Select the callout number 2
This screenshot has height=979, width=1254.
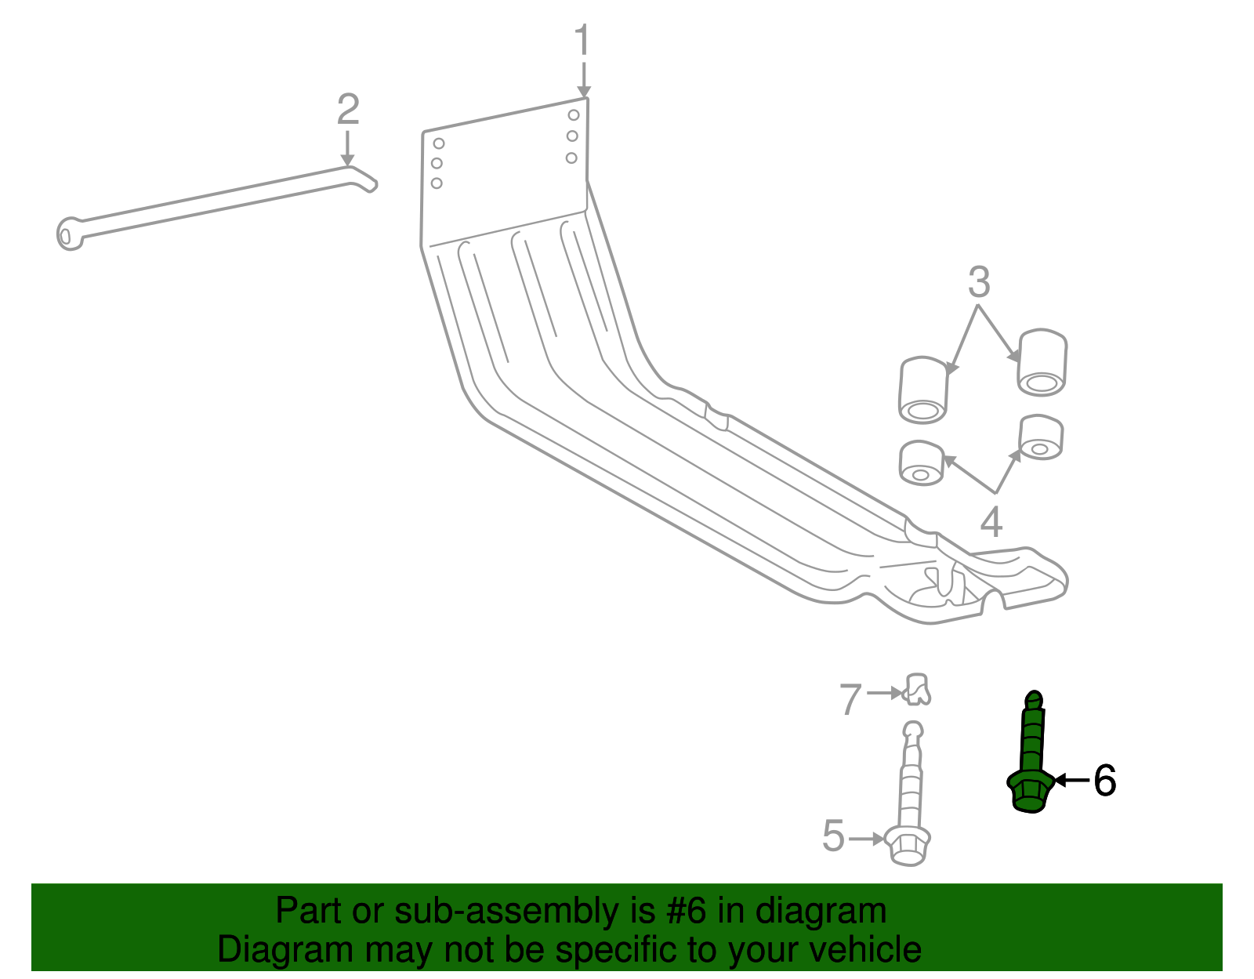coord(348,110)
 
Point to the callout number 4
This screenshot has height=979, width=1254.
coord(991,522)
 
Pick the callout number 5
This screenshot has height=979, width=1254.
coord(834,836)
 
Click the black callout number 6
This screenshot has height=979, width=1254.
coord(1104,781)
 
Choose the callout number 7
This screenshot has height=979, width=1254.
coord(851,699)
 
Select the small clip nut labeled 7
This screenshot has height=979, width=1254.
coord(917,689)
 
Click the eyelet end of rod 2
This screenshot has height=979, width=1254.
coord(69,234)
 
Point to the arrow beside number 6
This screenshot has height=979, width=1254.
coord(1071,780)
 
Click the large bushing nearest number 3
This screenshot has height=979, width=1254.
coord(1042,362)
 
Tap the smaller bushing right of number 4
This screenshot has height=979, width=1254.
coord(1041,438)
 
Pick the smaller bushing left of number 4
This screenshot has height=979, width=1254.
coord(922,463)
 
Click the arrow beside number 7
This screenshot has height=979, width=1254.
coord(886,693)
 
